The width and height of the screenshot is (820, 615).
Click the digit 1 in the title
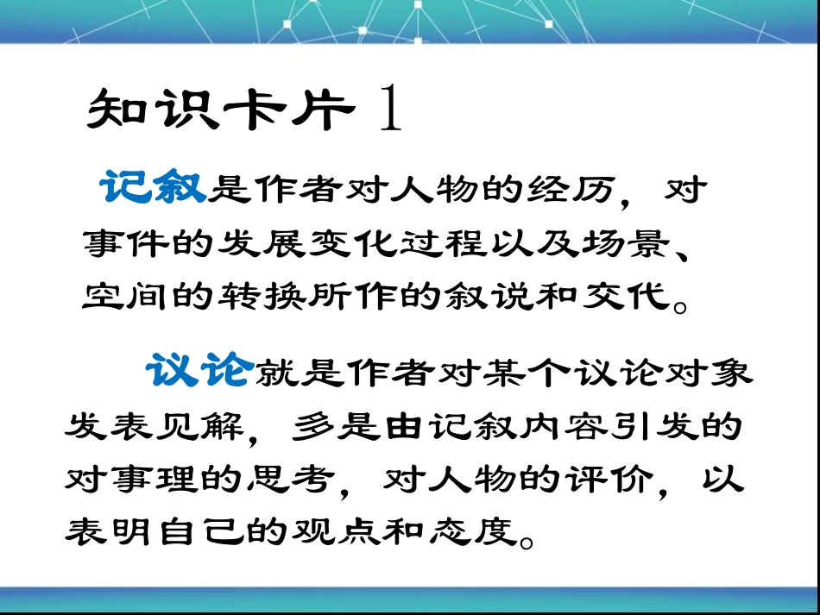pos(390,111)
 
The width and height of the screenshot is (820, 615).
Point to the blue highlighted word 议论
pos(199,372)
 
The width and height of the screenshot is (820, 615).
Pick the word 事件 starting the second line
pos(120,244)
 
